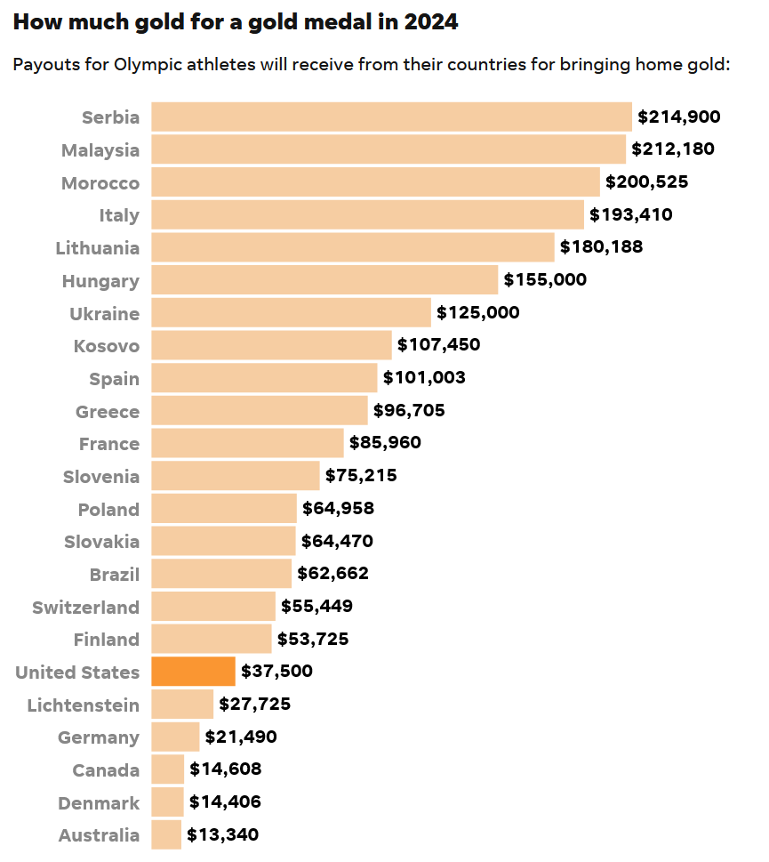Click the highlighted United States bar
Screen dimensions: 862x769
click(193, 672)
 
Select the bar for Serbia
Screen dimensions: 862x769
click(391, 117)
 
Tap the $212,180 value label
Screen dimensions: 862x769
click(673, 149)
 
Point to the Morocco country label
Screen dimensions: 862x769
click(100, 183)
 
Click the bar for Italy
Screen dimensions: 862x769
click(367, 214)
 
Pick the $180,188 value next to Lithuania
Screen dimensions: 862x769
click(601, 247)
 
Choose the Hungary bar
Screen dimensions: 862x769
click(324, 280)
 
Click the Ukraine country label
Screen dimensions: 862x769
click(105, 313)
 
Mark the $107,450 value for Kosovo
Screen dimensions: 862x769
click(438, 345)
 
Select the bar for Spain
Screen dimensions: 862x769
click(264, 378)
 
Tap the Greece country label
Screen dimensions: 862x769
click(108, 411)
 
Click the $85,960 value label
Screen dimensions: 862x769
click(385, 443)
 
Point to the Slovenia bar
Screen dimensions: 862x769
click(236, 476)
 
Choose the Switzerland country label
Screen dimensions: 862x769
click(86, 608)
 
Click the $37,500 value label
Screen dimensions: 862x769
click(276, 672)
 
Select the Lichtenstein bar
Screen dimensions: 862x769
click(182, 705)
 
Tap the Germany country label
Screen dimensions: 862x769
click(99, 737)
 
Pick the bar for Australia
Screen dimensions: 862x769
click(166, 835)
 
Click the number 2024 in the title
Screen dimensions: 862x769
click(430, 23)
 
